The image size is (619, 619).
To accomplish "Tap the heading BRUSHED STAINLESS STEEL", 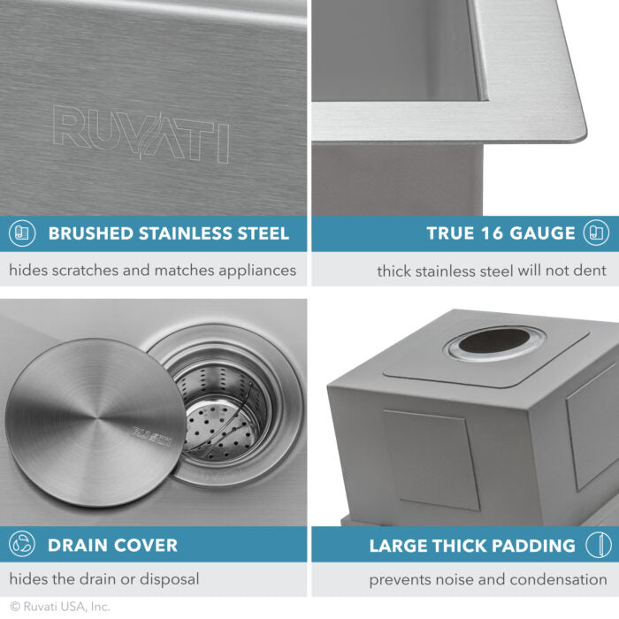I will [168, 234].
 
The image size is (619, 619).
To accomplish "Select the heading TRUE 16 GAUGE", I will [501, 234].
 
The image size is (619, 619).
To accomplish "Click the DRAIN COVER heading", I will [112, 546].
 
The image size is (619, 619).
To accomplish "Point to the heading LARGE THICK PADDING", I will [471, 546].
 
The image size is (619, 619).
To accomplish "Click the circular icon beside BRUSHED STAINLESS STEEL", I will [22, 234].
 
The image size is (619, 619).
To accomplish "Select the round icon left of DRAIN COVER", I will [22, 546].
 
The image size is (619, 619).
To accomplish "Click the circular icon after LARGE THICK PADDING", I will [598, 546].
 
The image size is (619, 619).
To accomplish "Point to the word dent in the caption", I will [590, 271].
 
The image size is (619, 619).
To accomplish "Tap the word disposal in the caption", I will [168, 580].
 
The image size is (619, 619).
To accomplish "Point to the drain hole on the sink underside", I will [495, 341].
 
